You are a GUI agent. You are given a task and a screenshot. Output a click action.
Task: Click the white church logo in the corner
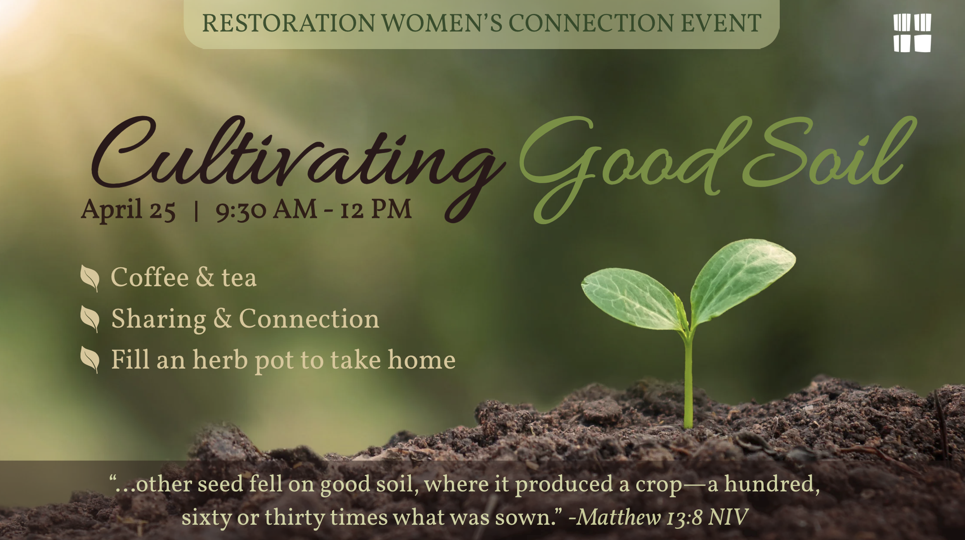912,33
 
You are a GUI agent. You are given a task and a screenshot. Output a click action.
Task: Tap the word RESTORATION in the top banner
288,23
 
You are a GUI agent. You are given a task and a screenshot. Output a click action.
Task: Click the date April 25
128,210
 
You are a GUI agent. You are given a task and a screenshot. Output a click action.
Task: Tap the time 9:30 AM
266,210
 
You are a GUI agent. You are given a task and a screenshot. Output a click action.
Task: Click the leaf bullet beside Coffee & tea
90,278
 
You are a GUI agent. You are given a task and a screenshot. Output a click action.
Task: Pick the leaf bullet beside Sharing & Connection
90,319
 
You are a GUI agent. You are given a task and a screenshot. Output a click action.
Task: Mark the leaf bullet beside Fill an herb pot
90,360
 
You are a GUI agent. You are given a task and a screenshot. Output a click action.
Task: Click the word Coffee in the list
149,277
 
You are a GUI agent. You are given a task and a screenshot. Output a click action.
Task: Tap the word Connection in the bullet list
309,319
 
